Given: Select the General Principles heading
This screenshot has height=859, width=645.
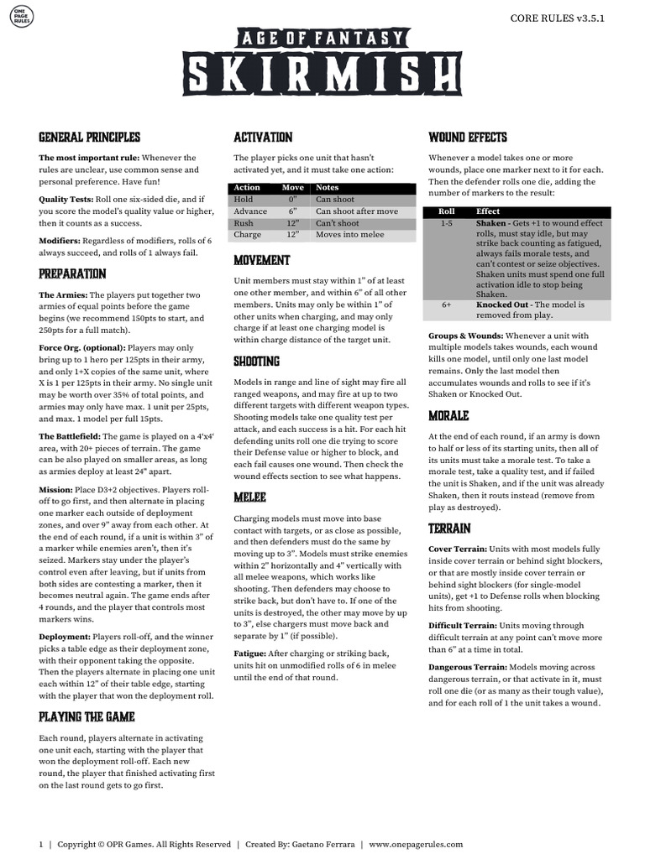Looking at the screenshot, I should [x=89, y=137].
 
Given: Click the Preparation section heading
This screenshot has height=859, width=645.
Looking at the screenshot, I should [x=72, y=273].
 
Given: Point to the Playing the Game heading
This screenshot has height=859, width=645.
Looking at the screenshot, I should [x=87, y=717].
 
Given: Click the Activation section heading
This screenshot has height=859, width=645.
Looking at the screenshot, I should [x=263, y=137].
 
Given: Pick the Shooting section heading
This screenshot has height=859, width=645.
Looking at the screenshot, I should [x=256, y=362].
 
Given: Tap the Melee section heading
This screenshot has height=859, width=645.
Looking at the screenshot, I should [x=250, y=497].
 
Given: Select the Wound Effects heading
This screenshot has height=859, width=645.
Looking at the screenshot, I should [x=472, y=137].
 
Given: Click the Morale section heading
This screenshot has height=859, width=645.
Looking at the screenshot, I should [x=448, y=416].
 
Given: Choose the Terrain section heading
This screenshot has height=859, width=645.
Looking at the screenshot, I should [x=449, y=528].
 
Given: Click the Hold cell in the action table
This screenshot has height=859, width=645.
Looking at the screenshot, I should [x=244, y=200].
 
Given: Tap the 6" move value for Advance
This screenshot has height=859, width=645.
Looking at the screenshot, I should [x=293, y=212].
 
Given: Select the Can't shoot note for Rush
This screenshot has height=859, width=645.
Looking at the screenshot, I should [x=337, y=224].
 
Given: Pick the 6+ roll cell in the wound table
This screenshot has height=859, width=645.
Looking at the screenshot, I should [x=447, y=305].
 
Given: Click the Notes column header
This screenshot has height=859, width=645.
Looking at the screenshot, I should [x=328, y=188].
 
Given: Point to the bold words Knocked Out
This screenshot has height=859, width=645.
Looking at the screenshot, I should [x=501, y=305].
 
